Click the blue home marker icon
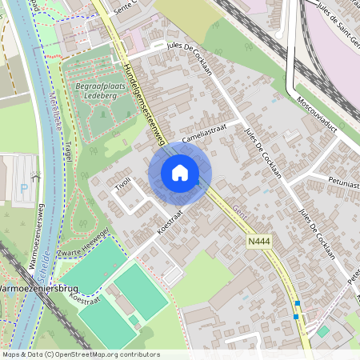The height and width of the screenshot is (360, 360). tap(180, 173)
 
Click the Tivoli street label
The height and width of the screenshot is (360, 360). tap(121, 186)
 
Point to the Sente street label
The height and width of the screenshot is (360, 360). tap(126, 6)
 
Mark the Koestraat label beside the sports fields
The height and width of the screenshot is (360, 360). tap(85, 299)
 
